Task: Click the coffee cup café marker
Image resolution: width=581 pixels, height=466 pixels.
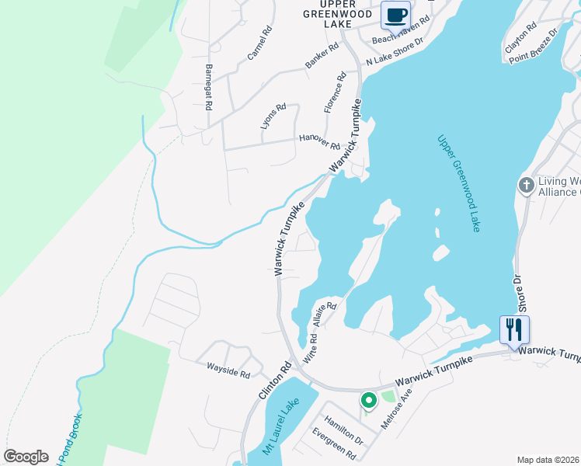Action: (x=396, y=15)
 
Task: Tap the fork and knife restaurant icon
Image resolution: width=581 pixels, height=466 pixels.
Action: (x=514, y=329)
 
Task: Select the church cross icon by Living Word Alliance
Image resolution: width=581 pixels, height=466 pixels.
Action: (x=526, y=186)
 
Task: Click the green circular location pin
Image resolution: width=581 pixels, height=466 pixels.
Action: (x=368, y=401)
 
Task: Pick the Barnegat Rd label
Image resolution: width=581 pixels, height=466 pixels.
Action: (x=208, y=88)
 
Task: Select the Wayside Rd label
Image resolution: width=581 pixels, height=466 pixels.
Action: (x=228, y=369)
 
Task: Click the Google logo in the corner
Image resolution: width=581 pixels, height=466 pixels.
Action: (x=26, y=457)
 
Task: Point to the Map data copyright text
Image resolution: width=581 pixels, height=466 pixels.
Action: (x=548, y=460)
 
